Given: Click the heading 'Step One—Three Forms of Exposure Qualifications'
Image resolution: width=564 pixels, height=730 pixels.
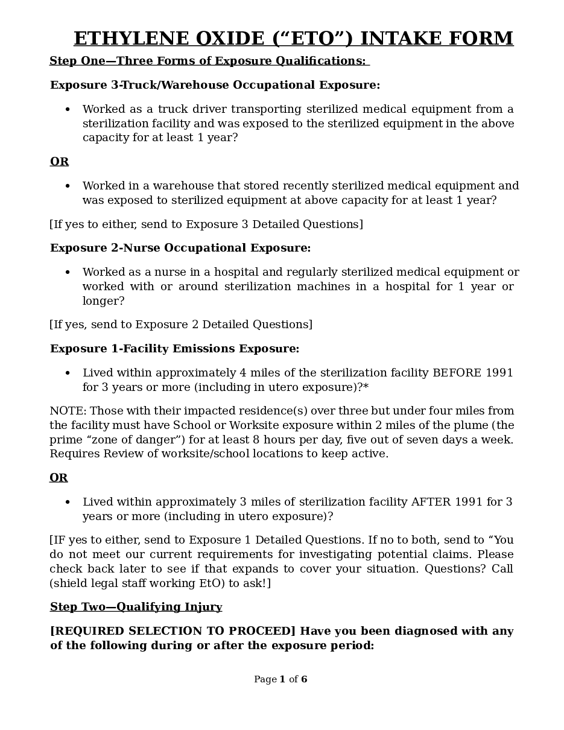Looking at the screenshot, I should tap(208, 61).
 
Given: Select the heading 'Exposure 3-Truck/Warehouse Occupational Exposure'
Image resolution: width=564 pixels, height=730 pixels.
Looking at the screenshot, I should tap(215, 85).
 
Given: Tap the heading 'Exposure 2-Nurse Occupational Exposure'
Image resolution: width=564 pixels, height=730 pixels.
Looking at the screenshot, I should tap(180, 248).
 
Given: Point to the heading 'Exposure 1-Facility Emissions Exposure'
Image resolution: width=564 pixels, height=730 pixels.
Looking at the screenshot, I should tap(174, 349).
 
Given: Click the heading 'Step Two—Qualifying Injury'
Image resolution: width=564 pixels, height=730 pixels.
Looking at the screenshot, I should tap(136, 607).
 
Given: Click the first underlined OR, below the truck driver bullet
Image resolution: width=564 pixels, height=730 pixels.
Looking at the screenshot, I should tap(59, 162).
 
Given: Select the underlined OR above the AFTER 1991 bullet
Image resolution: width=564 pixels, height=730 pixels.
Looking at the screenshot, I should tap(59, 478).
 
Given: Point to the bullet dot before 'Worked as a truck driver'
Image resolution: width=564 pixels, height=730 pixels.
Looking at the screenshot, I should tap(68, 110).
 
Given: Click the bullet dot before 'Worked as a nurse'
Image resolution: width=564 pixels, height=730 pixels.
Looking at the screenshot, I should tap(68, 273).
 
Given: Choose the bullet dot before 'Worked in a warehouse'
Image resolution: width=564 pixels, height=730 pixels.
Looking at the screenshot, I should tap(68, 186).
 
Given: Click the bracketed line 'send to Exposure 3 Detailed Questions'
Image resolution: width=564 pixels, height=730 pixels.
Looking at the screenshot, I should tap(206, 224).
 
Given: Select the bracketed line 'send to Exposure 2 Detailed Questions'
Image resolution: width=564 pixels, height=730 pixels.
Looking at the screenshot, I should tap(181, 325).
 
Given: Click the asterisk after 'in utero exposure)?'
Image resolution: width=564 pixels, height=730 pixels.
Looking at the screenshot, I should tap(366, 387).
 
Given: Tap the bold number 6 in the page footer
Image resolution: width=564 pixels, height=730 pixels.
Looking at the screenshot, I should tap(304, 679).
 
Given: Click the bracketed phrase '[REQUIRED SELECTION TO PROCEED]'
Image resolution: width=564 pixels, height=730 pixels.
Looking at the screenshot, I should tap(173, 631).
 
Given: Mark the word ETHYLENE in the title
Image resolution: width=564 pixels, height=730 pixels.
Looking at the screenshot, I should tap(131, 39).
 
